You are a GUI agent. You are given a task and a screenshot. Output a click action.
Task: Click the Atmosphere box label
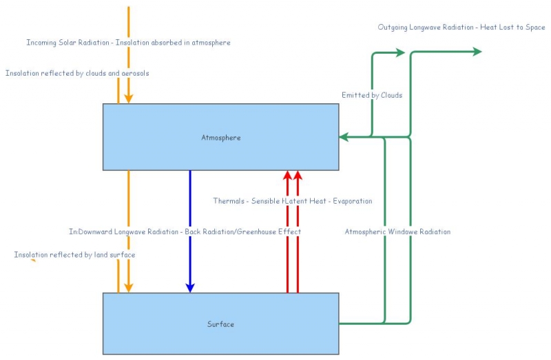pos(220,138)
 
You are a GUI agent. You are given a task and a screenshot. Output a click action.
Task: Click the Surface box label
pos(220,324)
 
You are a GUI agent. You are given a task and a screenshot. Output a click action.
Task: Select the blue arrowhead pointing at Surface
pos(190,287)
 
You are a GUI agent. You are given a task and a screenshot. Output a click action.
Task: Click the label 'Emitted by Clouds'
pos(372,95)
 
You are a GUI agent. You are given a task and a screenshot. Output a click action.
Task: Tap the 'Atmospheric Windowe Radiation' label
pos(397,232)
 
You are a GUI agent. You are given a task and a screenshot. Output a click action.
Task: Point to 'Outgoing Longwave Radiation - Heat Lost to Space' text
pos(461,28)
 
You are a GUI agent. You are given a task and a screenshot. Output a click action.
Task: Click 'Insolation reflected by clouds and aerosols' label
pos(77,73)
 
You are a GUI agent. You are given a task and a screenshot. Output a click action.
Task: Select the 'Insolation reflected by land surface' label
pos(74,255)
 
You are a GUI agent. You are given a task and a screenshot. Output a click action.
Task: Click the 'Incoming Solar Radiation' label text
pos(70,43)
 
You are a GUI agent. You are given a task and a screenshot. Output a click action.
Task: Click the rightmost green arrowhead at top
pos(477,52)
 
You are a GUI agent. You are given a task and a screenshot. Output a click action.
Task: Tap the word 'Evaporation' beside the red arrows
pos(352,202)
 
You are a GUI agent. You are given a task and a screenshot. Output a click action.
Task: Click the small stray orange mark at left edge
pos(33,261)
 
